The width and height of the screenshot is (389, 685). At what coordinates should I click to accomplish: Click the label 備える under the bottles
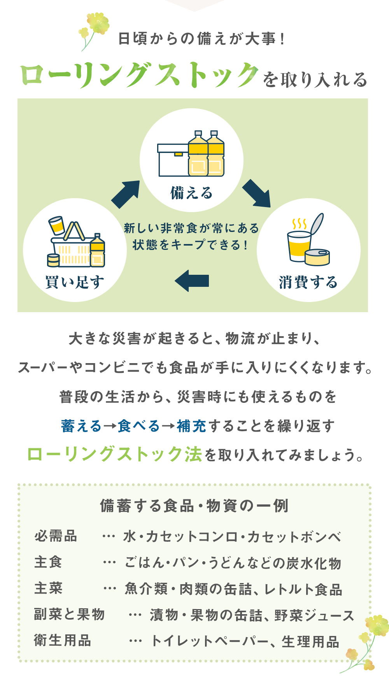[191, 193]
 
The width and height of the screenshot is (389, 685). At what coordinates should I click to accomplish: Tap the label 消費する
[308, 282]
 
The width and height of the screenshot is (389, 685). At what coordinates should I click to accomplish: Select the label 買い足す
[75, 282]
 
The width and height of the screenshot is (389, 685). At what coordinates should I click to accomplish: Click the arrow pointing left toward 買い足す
[192, 281]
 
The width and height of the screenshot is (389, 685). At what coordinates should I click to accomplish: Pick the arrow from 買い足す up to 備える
[125, 194]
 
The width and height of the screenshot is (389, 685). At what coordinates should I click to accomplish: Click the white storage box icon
[173, 160]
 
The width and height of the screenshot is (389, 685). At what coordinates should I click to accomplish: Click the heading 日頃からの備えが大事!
[202, 39]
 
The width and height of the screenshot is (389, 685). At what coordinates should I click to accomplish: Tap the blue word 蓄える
[81, 426]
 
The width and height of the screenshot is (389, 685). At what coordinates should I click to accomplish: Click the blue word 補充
[191, 426]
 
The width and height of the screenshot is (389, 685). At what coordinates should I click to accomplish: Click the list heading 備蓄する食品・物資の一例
[194, 506]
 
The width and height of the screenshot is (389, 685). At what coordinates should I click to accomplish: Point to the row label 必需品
[56, 536]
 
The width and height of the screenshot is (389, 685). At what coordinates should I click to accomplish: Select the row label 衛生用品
[62, 640]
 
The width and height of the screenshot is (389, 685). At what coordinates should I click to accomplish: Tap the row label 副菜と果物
[69, 614]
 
